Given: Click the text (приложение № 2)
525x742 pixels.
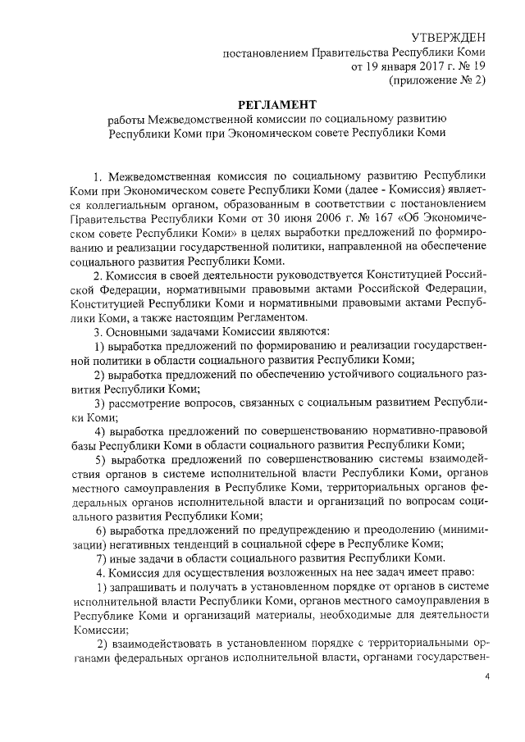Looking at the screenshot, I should point(436,81).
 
